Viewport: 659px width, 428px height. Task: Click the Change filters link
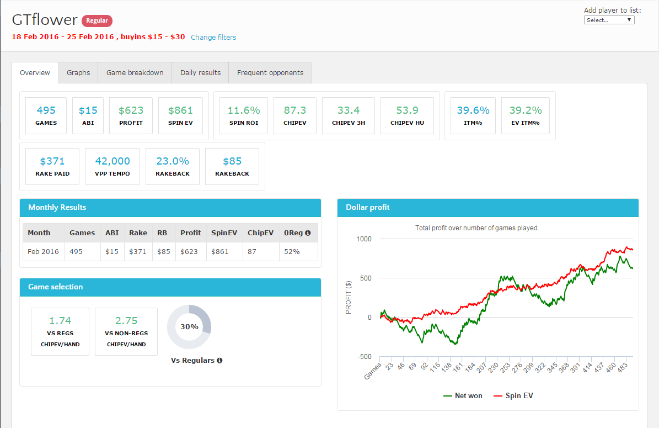click(213, 38)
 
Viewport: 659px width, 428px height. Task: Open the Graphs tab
click(78, 73)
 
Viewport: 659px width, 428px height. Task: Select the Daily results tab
click(200, 73)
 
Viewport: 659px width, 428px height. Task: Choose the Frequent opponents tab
click(270, 73)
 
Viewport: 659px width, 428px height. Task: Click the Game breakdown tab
click(135, 73)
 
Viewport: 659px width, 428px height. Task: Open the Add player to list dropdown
click(609, 20)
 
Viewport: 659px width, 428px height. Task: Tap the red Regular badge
click(97, 21)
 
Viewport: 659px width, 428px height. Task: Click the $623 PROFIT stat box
click(131, 115)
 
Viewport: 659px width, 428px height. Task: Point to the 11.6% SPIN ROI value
click(243, 110)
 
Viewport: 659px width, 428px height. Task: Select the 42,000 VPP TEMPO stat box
click(112, 166)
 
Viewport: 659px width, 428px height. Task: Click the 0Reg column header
click(297, 233)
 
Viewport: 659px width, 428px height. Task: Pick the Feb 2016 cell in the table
click(43, 251)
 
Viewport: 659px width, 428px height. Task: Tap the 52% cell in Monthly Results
click(292, 251)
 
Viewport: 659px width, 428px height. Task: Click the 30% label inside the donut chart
click(189, 327)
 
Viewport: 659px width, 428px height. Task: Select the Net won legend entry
click(463, 395)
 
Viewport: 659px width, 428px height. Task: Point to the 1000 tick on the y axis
click(365, 239)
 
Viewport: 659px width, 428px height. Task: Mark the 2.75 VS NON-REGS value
click(126, 321)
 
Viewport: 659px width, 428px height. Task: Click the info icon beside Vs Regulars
click(219, 361)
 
